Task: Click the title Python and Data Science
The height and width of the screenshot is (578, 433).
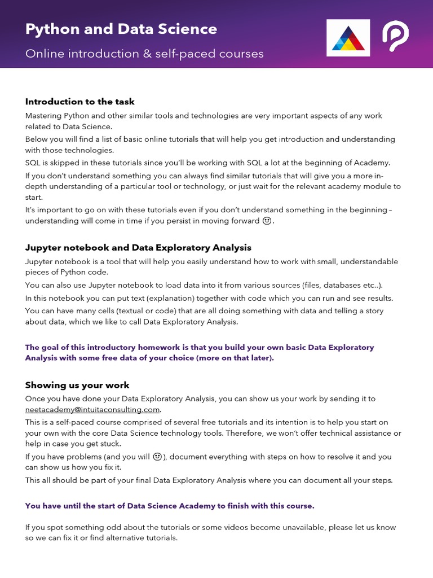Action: (x=121, y=29)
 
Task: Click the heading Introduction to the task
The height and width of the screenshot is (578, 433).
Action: (x=79, y=102)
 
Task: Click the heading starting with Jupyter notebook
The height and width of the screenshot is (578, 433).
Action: (x=138, y=247)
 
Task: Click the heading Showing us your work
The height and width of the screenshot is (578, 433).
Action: (x=77, y=385)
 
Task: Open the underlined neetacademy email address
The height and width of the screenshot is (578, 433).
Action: (x=92, y=409)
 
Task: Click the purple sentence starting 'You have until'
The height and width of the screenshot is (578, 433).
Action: (x=170, y=506)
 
